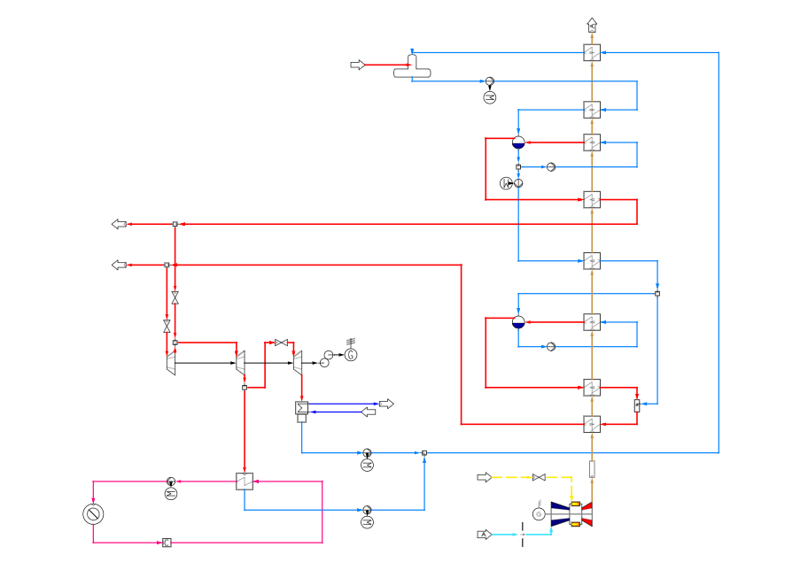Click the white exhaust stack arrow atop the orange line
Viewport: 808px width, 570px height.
[592, 25]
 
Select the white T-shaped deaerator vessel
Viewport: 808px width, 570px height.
[412, 68]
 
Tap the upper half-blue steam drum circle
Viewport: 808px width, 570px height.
[518, 142]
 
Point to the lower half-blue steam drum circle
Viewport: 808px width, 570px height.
[518, 322]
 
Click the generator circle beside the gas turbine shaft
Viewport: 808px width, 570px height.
[538, 514]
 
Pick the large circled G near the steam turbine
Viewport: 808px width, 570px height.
[351, 355]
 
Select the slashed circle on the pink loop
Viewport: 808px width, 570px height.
[93, 513]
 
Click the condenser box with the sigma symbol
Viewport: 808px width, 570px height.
[301, 408]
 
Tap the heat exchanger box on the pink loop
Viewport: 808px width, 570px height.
[245, 481]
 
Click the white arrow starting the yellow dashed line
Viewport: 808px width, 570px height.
[484, 477]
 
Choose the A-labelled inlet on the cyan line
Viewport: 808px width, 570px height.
[484, 535]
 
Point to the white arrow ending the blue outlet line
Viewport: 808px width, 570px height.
[386, 404]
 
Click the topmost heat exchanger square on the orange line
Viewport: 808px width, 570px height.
[592, 53]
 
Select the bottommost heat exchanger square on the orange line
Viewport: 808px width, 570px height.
[592, 424]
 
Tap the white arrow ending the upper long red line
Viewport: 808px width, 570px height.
[119, 224]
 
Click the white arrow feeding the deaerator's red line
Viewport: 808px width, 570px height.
[357, 65]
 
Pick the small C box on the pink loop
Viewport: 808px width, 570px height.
[167, 543]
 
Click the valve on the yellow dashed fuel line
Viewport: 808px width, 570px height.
[538, 477]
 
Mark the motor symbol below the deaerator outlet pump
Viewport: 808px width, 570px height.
[490, 97]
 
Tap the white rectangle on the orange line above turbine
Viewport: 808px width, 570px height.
[592, 468]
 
